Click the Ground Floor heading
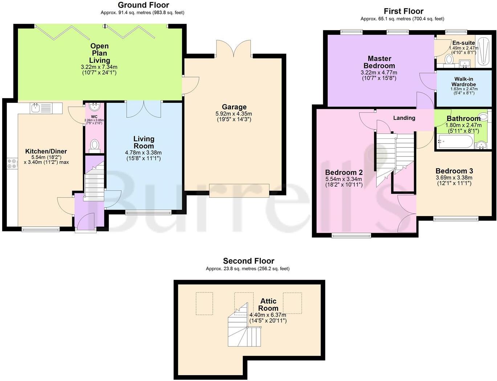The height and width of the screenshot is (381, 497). coord(143,5)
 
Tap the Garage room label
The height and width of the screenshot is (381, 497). coord(234,107)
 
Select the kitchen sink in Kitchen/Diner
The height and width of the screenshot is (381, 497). coord(36,108)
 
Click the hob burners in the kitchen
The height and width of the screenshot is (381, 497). coord(12,163)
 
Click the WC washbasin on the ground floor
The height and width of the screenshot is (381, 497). coord(94,107)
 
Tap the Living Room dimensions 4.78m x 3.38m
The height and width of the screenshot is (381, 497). coord(143,153)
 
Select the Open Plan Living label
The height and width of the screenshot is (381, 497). coord(99,53)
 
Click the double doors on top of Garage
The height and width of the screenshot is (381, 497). coord(233,48)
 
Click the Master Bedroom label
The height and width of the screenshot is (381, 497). coord(379,62)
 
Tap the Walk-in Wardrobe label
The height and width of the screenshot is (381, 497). coord(464,82)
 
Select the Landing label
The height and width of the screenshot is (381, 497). coord(404,118)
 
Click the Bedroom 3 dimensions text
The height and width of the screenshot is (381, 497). coord(454,181)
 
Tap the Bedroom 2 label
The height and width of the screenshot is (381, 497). coord(343,172)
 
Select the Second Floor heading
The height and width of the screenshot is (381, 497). coord(248,261)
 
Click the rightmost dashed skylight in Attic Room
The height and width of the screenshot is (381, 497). coord(292,303)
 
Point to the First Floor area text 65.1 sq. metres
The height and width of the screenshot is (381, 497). coord(402,19)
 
